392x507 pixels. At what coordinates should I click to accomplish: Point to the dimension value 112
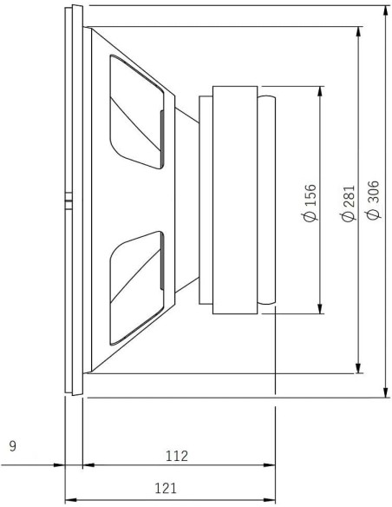point(176,455)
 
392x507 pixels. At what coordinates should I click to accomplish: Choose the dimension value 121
point(170,489)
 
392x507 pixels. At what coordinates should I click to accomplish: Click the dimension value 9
point(12,447)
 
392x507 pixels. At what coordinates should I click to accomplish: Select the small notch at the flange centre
point(68,204)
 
